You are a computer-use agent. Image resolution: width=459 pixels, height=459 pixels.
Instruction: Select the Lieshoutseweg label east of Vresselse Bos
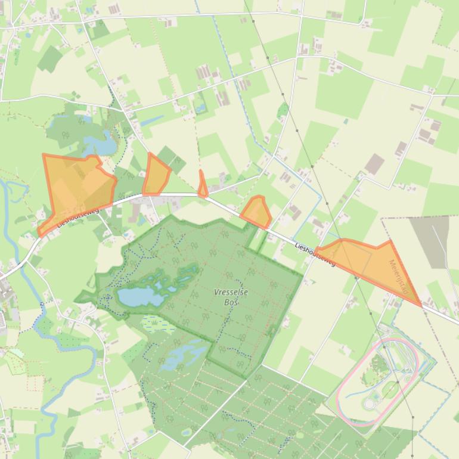[315, 254]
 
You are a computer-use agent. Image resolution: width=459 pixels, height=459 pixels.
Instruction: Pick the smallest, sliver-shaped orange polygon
[203, 185]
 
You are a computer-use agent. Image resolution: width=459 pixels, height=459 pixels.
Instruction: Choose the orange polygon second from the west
[156, 176]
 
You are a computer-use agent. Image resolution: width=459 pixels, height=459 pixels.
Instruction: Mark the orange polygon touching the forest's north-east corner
[256, 212]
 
